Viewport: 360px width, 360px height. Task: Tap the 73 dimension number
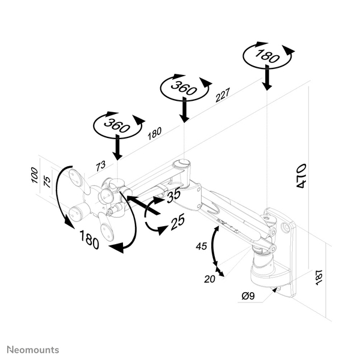101,166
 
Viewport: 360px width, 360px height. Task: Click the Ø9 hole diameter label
248,295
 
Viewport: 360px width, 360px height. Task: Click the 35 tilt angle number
174,196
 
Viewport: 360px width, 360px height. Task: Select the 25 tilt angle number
177,223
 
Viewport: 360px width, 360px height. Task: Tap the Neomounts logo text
33,349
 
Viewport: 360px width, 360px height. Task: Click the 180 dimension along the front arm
154,133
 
